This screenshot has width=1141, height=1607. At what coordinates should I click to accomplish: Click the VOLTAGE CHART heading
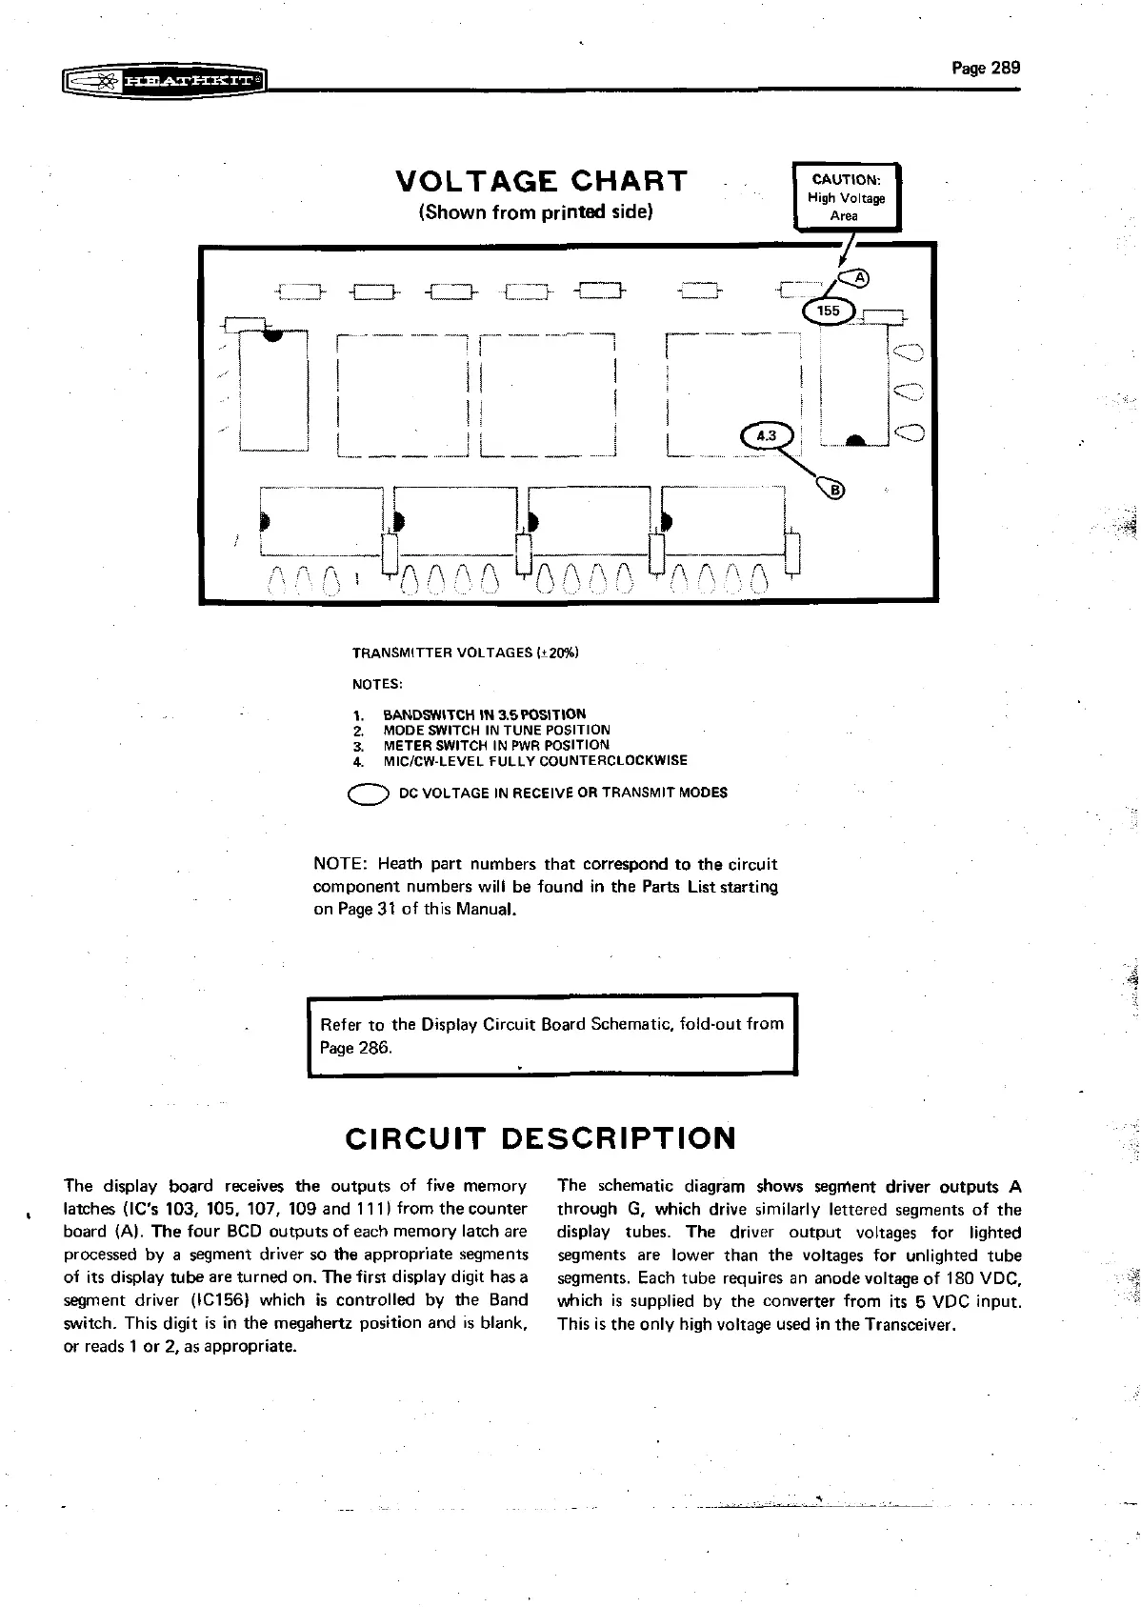[540, 181]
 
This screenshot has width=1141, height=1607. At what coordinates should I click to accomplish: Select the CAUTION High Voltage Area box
[846, 197]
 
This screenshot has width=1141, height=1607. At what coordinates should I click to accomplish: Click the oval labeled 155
[829, 311]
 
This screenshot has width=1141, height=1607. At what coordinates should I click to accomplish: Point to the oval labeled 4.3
[766, 436]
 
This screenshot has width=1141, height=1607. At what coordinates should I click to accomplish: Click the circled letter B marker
[836, 491]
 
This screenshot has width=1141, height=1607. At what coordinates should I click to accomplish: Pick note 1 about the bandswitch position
[484, 714]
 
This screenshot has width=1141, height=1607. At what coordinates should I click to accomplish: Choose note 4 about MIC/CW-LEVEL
[534, 761]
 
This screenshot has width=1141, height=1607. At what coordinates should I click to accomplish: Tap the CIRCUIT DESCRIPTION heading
[540, 1138]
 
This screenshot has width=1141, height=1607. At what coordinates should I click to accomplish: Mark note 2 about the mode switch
[496, 730]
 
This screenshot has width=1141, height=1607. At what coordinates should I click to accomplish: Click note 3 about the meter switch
[495, 745]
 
